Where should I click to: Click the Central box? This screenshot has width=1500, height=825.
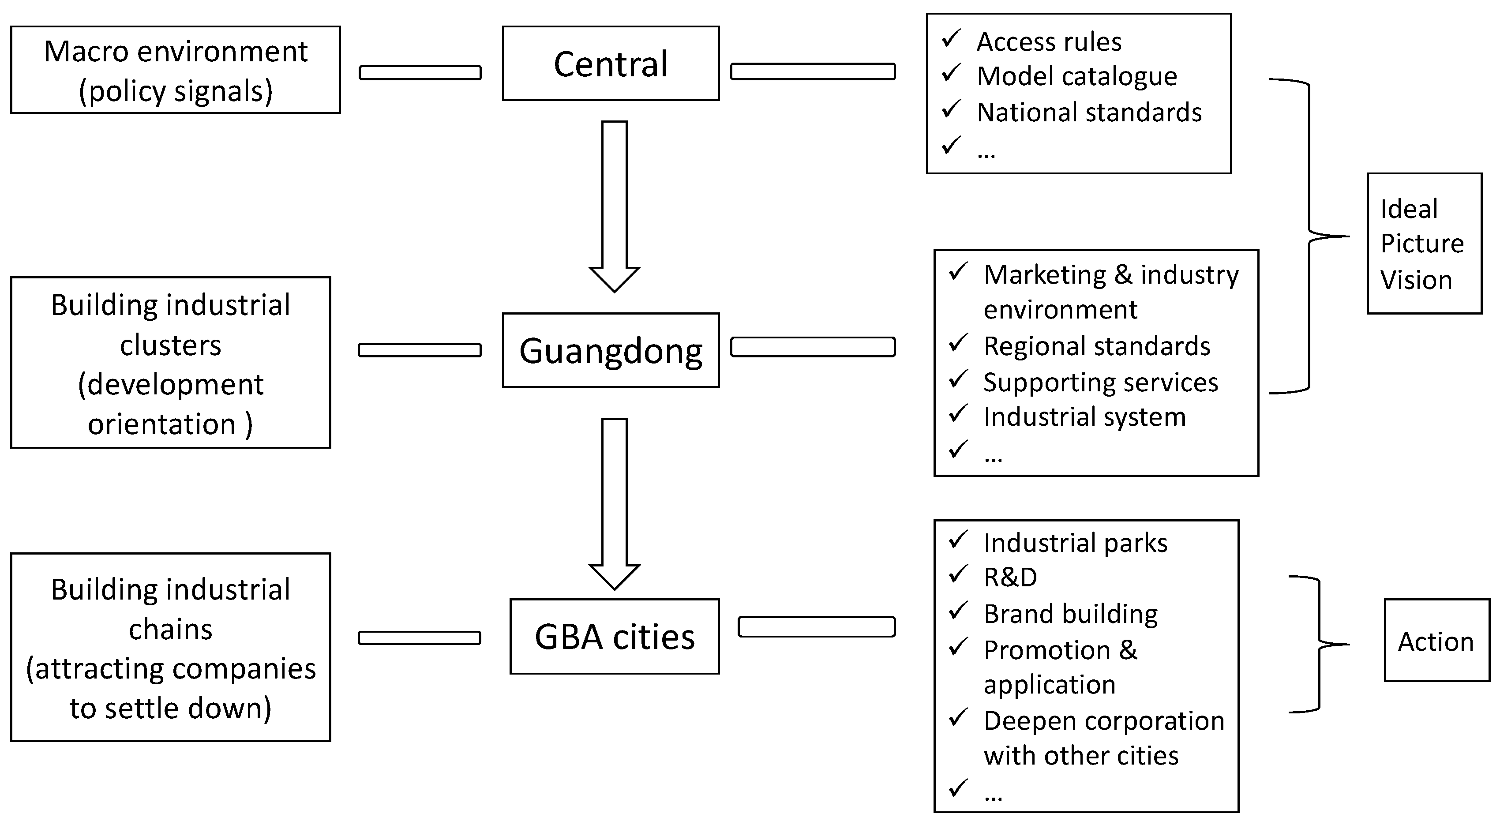pyautogui.click(x=610, y=64)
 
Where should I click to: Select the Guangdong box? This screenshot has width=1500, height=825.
pyautogui.click(x=610, y=350)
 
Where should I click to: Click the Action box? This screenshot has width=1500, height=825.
pyautogui.click(x=1436, y=641)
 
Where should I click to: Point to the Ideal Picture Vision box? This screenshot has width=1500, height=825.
pyautogui.click(x=1424, y=244)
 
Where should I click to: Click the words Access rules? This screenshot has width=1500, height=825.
pyautogui.click(x=1049, y=42)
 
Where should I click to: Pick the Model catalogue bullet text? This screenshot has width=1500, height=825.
pyautogui.click(x=1076, y=76)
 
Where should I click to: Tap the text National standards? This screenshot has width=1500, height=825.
pyautogui.click(x=1089, y=112)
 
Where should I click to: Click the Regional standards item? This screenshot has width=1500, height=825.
pyautogui.click(x=1096, y=346)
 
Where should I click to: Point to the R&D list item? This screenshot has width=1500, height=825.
pyautogui.click(x=1010, y=577)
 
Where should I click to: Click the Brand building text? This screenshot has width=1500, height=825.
pyautogui.click(x=1070, y=614)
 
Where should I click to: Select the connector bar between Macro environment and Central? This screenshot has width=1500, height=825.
pyautogui.click(x=420, y=73)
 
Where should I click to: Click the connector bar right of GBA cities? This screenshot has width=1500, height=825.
pyautogui.click(x=816, y=627)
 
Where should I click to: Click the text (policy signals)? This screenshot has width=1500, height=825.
pyautogui.click(x=175, y=91)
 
